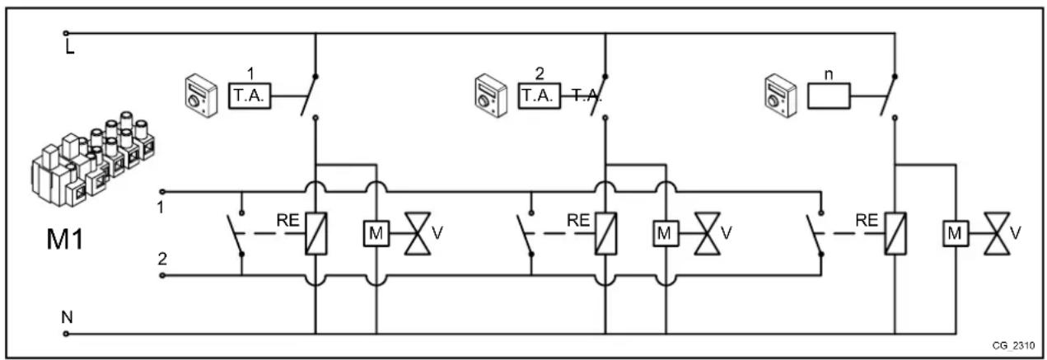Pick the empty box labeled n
point(828,96)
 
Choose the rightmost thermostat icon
point(777,93)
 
